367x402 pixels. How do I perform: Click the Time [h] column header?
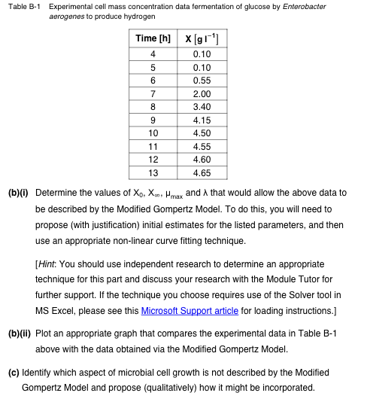[153, 38]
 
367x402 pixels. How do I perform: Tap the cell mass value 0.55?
[202, 81]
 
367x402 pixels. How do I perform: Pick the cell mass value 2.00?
[202, 94]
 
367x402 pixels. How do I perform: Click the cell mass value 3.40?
[202, 107]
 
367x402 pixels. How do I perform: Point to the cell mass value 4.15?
[202, 120]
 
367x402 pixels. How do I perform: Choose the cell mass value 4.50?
[202, 133]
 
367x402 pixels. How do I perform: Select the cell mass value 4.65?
[202, 173]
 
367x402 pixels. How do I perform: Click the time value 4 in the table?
[153, 54]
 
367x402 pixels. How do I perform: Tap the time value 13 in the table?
[153, 173]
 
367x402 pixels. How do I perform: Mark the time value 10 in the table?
[153, 133]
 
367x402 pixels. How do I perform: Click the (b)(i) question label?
[18, 193]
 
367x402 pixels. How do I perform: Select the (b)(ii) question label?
[20, 333]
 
